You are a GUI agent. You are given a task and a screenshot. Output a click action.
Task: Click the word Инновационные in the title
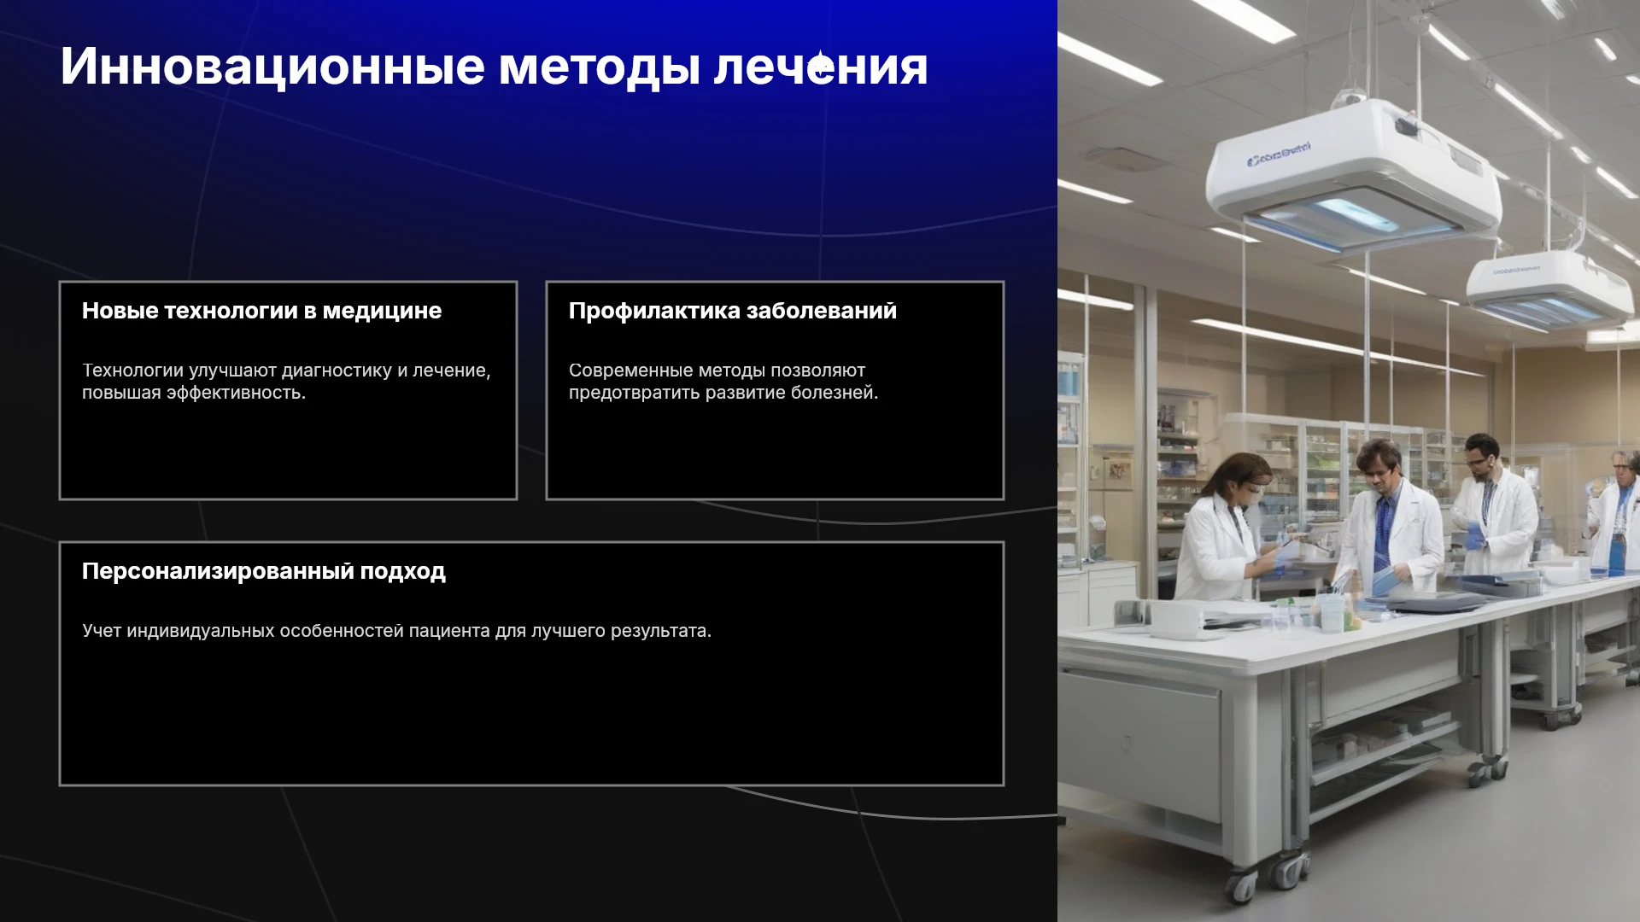(272, 67)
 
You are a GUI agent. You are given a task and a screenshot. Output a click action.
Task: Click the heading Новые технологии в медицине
(261, 311)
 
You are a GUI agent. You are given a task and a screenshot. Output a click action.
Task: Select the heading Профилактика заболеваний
(733, 311)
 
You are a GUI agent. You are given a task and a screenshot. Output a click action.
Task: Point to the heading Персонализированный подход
(263, 571)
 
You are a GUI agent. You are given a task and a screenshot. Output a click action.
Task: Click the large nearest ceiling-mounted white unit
(1353, 175)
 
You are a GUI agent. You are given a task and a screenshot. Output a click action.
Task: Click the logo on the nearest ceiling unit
(1279, 155)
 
